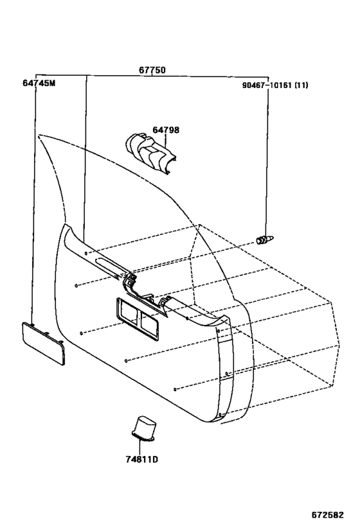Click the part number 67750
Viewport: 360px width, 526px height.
tap(152, 70)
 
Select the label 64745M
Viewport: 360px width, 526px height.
tap(39, 83)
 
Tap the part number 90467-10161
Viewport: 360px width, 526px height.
tap(267, 85)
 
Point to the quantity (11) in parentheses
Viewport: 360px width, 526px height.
tap(301, 85)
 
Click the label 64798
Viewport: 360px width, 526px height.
tap(166, 130)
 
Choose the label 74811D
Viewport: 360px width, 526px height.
tap(141, 459)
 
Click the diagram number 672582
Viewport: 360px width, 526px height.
tap(327, 514)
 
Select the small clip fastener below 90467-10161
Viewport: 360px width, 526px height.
tap(265, 240)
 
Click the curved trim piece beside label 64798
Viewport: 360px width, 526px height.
tap(150, 153)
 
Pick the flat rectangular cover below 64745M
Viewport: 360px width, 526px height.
tap(43, 343)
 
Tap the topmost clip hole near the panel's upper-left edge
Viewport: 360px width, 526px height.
tap(86, 253)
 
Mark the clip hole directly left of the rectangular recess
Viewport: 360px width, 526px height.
tap(81, 333)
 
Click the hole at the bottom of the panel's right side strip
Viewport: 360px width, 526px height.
tap(220, 415)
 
